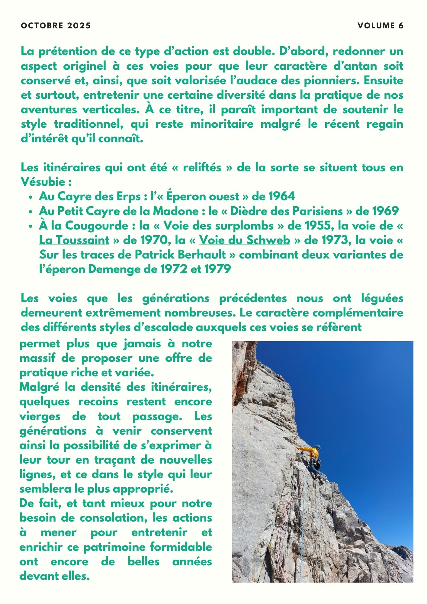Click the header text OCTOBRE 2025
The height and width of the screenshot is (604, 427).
(56, 26)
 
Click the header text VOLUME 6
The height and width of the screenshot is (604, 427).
(380, 26)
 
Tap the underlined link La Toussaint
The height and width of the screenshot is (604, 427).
(74, 240)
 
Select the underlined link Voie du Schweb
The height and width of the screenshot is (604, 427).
(245, 240)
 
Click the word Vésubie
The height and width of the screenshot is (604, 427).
(43, 182)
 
